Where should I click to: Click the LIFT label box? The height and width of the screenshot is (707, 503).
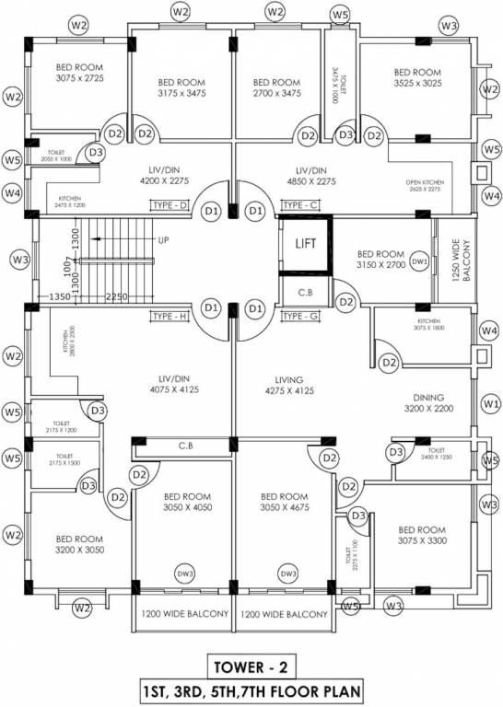[304, 245]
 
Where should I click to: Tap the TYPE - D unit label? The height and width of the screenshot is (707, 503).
[170, 204]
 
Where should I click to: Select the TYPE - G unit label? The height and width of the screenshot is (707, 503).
[299, 317]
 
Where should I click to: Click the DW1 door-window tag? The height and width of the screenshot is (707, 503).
[420, 262]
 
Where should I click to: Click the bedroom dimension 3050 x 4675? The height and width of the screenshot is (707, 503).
[283, 508]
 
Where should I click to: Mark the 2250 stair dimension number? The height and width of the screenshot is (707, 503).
[116, 297]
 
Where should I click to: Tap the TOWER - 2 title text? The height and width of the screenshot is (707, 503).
[251, 666]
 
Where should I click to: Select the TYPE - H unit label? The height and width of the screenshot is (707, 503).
[170, 317]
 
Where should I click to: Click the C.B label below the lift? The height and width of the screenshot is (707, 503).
[304, 294]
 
